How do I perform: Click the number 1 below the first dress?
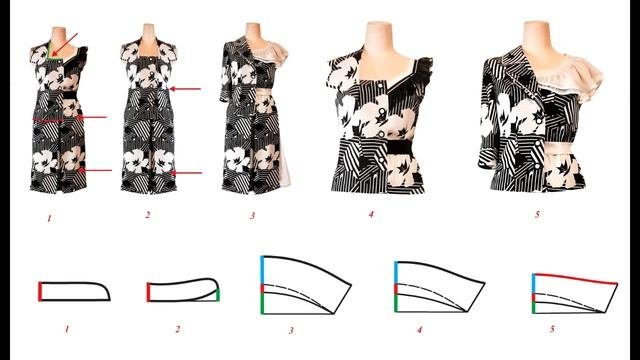point(49,218)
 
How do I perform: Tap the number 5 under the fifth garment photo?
point(538,214)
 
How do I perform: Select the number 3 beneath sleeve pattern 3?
point(291,330)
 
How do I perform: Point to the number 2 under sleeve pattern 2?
point(178,329)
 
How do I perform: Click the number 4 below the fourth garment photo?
point(371,214)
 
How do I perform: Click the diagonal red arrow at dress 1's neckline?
point(64,44)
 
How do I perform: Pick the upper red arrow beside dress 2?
point(185,89)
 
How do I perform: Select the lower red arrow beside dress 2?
point(186,173)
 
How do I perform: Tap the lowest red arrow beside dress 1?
point(95,170)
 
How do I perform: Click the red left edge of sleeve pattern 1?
point(40,291)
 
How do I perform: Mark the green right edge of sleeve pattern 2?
point(218,295)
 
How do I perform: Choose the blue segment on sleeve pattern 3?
point(262,270)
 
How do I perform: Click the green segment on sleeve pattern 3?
point(262,304)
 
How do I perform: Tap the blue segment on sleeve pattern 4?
point(396,273)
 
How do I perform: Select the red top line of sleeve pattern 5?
point(576,278)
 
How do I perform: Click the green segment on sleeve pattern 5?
point(534,307)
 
